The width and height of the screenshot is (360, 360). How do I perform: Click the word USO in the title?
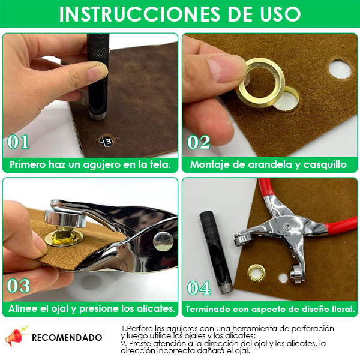(280, 14)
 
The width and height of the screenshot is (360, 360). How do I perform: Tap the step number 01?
(18, 142)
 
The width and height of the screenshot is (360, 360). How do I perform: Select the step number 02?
(199, 142)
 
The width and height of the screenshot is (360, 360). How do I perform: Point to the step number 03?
(19, 286)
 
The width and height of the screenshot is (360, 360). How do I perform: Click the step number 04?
(199, 288)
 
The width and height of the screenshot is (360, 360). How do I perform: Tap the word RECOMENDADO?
(67, 337)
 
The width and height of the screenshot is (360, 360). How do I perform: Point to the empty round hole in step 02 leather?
(340, 69)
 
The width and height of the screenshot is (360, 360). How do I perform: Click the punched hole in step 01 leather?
(106, 141)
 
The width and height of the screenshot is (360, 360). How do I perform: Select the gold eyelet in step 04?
(256, 273)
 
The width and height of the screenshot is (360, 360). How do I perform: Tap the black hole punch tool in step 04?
(216, 252)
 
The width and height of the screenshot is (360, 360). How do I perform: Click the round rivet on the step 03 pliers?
(163, 241)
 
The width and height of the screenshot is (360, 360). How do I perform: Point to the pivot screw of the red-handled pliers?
(287, 227)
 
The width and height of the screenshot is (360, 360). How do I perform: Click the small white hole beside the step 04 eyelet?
(283, 278)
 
